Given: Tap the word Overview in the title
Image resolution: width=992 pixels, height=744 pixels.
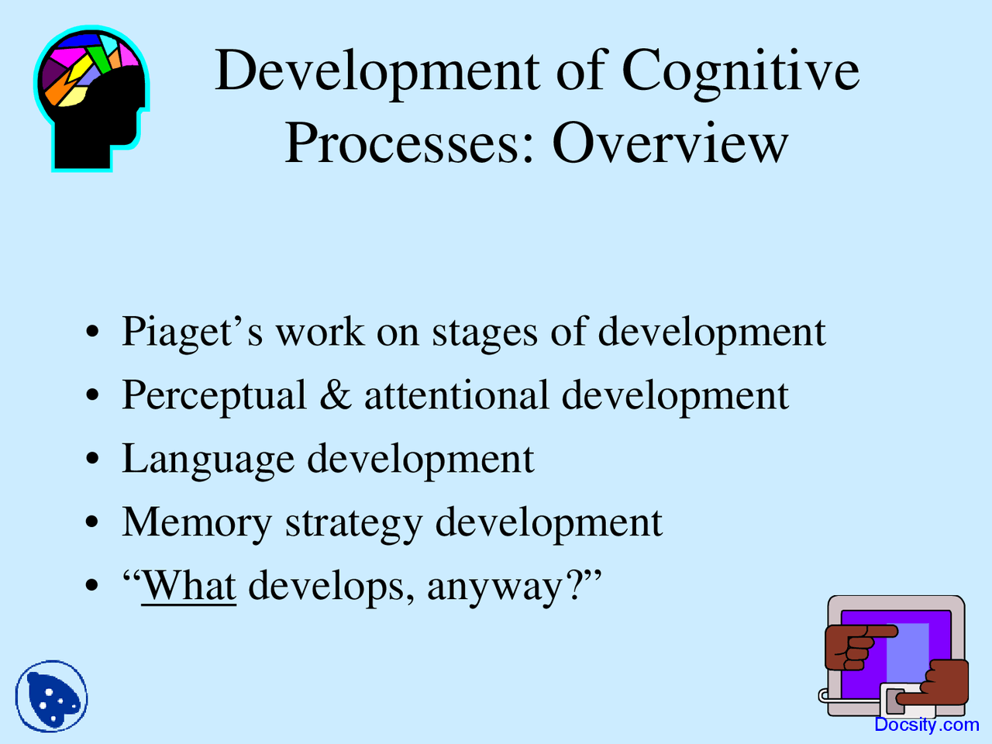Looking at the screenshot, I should pos(670,143).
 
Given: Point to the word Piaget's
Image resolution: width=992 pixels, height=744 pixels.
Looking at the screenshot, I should pos(191,332).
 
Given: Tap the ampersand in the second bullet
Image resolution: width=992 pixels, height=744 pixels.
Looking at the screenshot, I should pos(335,395).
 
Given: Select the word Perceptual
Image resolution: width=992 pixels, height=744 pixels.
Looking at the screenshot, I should pos(214,395).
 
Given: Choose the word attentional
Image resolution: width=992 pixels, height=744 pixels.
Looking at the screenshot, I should pos(456,395).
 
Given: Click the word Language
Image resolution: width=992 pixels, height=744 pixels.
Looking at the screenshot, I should pos(208,460).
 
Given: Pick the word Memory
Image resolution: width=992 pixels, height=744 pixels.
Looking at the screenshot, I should pos(197,523).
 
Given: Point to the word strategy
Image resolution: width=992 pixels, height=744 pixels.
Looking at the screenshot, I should pos(353,523).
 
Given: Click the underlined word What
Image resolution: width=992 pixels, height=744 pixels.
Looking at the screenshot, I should pos(188,585).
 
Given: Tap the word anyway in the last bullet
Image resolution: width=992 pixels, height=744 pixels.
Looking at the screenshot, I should pos(492,587).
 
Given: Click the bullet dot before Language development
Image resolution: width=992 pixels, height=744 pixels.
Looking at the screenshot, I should pos(93,460).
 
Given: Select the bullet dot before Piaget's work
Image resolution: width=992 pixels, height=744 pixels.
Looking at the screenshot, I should pos(93,332).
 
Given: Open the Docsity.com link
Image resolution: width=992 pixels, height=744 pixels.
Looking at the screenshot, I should pos(926,725).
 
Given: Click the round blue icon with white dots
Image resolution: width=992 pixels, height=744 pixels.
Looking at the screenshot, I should pos(51,697).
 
